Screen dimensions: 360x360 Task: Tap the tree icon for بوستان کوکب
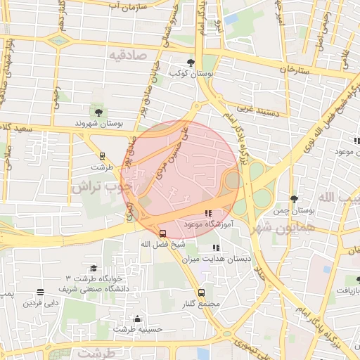click(191, 63)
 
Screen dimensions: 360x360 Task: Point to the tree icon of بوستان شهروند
click(98, 112)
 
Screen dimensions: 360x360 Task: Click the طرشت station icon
click(102, 156)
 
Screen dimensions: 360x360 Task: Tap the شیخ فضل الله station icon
click(163, 233)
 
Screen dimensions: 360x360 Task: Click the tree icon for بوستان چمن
click(293, 199)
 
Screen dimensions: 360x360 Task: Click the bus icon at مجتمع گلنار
click(202, 292)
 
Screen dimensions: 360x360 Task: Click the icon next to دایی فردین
click(41, 292)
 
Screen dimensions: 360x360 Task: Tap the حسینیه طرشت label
click(139, 328)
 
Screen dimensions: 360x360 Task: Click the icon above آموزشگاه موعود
click(208, 212)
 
